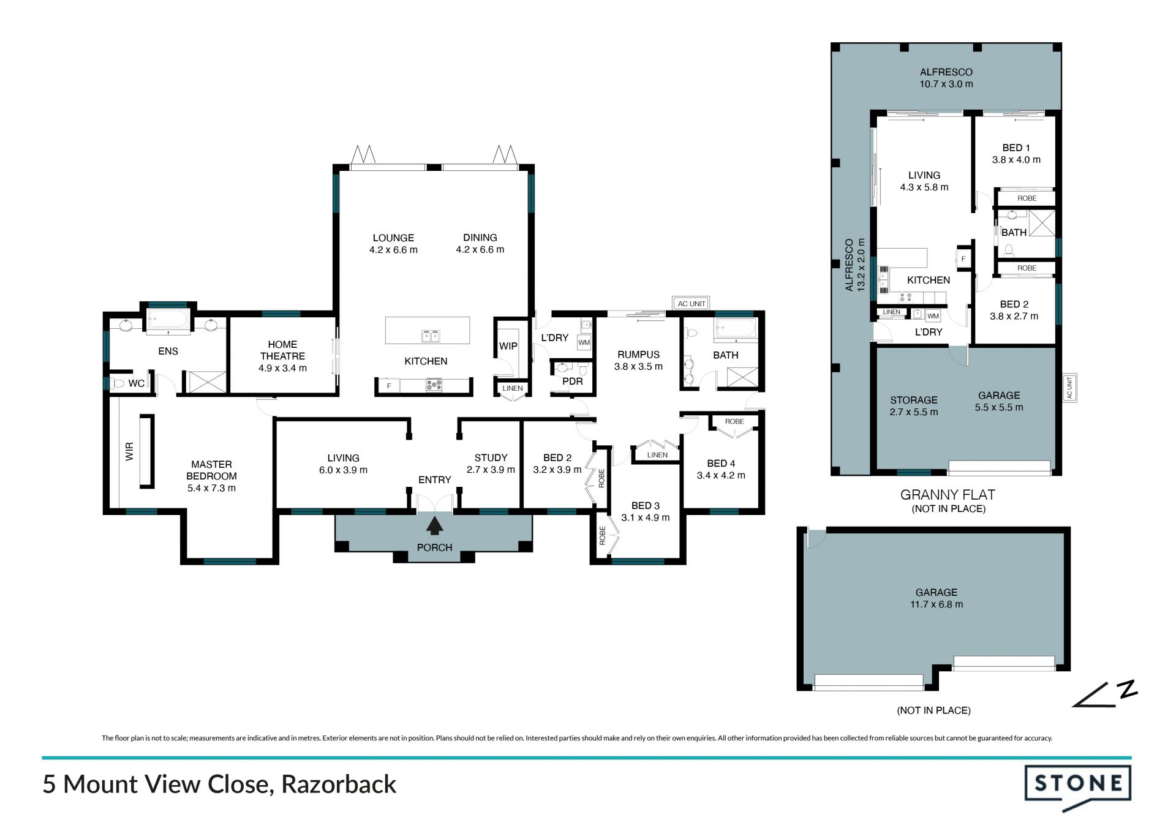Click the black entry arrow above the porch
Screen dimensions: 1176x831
435,526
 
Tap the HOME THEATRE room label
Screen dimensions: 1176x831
282,350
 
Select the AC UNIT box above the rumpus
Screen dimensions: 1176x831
692,304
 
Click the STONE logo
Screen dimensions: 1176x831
1078,787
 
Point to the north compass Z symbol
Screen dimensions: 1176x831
1127,689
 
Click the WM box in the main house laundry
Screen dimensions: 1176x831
584,343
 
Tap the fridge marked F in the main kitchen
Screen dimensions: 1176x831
389,386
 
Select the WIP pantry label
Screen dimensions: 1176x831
508,346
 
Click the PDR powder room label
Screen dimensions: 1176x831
573,382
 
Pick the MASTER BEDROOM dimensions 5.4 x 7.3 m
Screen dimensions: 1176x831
211,488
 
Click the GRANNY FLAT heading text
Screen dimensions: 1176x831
948,495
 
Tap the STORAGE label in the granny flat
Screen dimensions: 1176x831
914,400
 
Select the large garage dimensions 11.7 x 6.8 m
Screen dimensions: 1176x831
937,604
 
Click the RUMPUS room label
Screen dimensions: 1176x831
638,355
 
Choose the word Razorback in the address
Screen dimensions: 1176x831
339,784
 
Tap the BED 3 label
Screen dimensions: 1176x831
646,506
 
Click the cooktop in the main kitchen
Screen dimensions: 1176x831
434,385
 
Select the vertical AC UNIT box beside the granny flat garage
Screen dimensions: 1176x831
1070,388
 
